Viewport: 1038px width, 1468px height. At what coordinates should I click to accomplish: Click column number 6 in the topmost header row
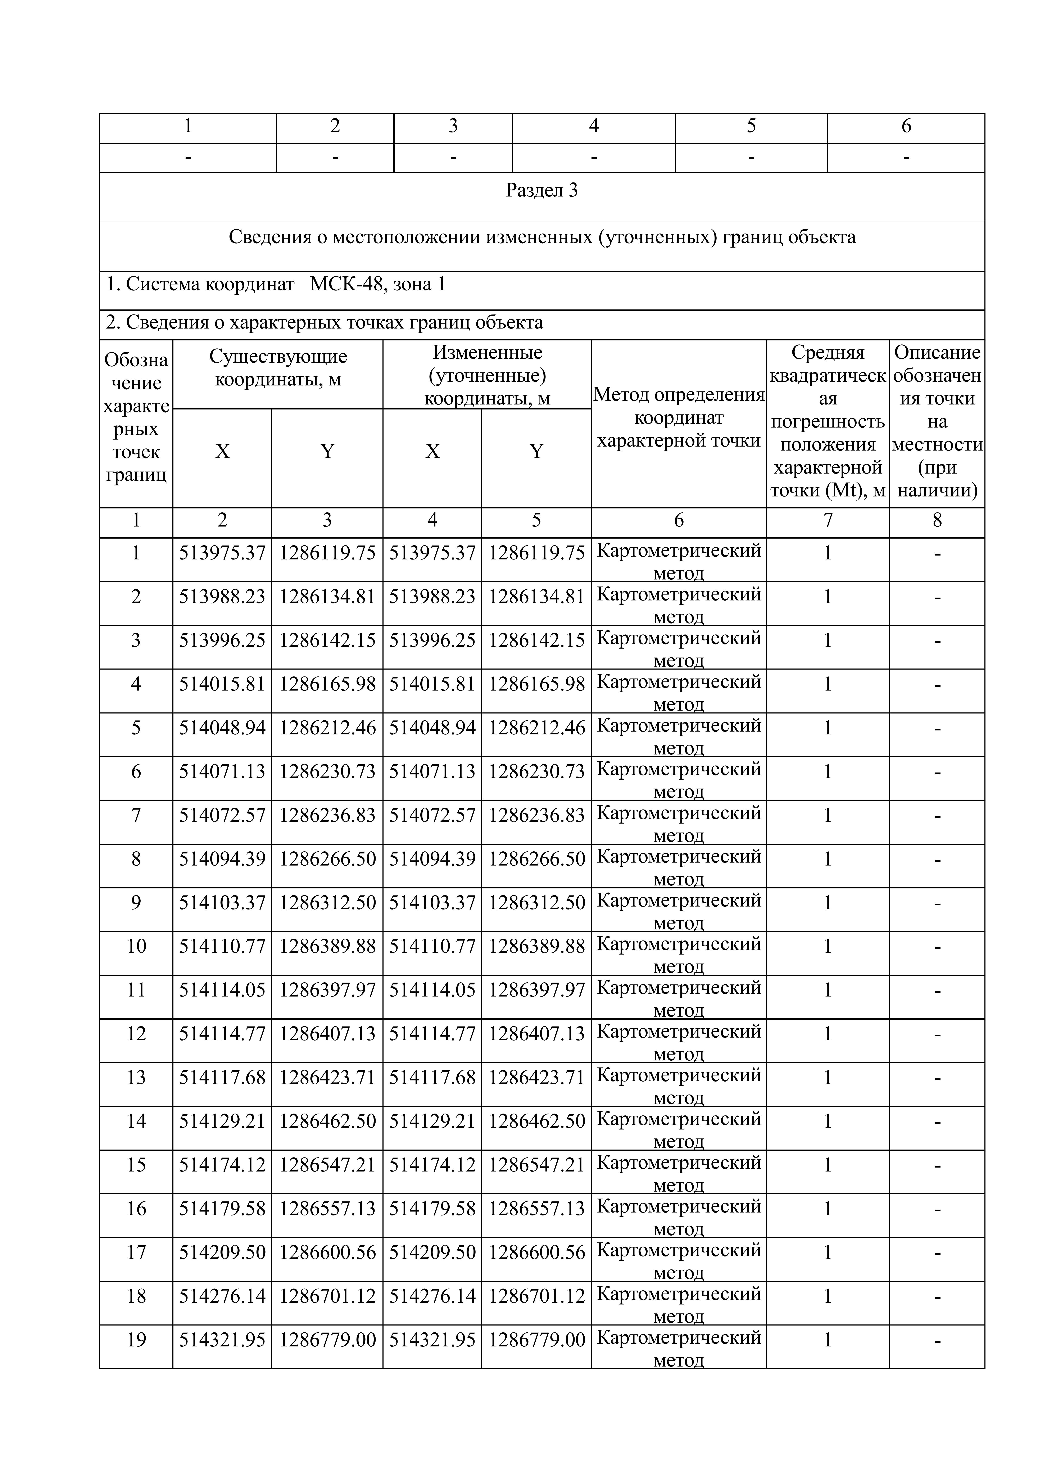click(x=906, y=126)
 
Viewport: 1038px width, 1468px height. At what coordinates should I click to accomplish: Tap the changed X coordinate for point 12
click(x=432, y=1034)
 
